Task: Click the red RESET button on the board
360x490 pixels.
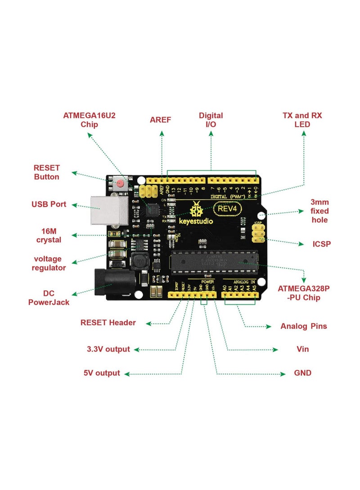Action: (120, 183)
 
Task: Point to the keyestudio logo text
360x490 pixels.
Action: (196, 221)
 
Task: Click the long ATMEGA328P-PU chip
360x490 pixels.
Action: (214, 263)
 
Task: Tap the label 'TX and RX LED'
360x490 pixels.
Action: (302, 120)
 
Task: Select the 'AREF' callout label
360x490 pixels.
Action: (161, 120)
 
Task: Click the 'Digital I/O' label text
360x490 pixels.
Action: (211, 120)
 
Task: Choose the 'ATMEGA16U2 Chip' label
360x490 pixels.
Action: (89, 120)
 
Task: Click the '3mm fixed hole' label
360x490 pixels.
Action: (319, 211)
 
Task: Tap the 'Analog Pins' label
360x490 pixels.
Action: (303, 326)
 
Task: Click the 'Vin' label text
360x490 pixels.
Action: (303, 349)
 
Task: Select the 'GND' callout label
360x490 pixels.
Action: (302, 373)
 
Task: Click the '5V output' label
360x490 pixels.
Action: (102, 373)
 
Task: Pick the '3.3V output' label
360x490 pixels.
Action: (108, 349)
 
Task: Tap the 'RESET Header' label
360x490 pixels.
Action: (108, 322)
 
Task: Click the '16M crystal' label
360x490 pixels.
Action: (49, 235)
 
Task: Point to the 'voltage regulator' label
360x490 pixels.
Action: (49, 263)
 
